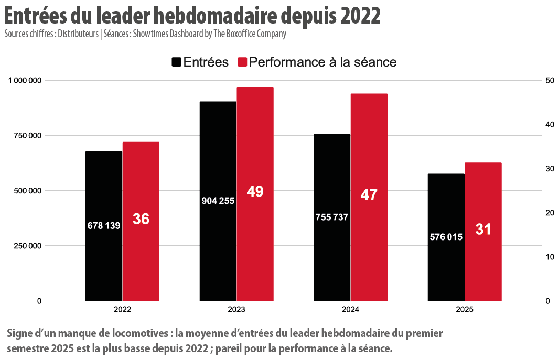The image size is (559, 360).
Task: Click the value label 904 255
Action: click(x=218, y=201)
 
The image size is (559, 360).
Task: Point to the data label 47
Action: click(x=369, y=195)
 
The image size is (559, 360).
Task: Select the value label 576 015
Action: click(x=446, y=237)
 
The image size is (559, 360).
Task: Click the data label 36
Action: click(x=141, y=219)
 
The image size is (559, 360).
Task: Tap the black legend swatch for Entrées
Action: click(x=176, y=62)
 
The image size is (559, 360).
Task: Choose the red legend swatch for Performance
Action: click(x=242, y=62)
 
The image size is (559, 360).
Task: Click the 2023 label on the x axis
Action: click(x=236, y=310)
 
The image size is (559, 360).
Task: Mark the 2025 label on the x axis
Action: click(x=465, y=310)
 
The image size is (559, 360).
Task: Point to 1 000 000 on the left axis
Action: click(x=25, y=80)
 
